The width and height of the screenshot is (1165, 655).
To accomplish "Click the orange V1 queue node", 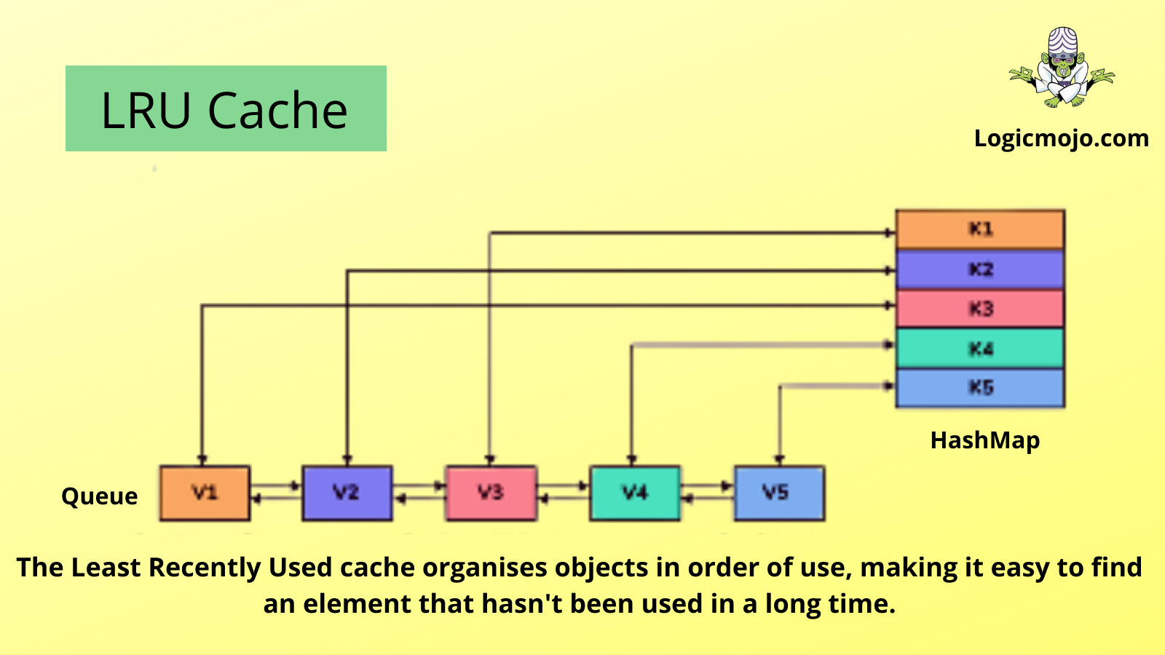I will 205,493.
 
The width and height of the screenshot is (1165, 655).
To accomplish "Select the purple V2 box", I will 347,493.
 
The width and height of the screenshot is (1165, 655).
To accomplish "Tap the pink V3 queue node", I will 491,493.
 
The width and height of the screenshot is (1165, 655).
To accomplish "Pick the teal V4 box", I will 634,493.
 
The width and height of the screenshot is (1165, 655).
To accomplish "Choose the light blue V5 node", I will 778,493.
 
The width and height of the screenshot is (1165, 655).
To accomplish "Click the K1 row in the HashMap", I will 980,229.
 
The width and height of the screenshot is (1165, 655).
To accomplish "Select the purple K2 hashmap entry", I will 980,269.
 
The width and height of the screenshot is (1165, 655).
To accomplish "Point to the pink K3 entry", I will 980,309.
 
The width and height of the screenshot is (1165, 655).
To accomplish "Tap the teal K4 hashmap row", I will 980,349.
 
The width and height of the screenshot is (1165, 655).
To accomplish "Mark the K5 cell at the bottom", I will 980,387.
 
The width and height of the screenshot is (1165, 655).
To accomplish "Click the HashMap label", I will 985,440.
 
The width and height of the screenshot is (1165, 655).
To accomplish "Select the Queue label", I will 100,496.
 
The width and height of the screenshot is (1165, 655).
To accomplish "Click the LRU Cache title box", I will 226,109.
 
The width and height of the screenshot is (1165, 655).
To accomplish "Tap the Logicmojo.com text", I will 1061,138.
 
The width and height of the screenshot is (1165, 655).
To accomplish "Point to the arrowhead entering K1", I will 889,233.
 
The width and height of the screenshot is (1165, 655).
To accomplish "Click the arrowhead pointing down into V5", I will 779,459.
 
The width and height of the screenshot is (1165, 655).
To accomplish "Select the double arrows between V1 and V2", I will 276,492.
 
